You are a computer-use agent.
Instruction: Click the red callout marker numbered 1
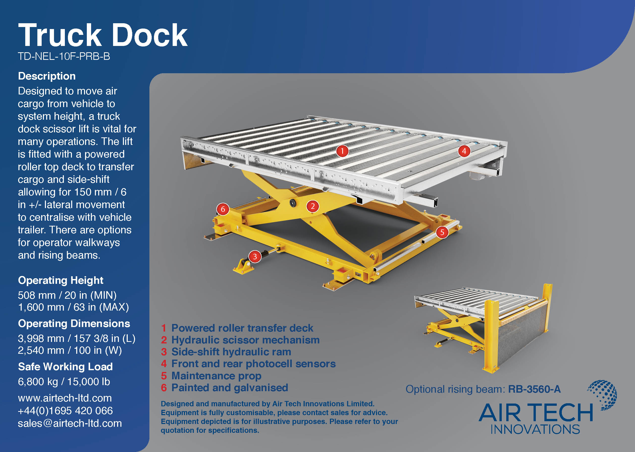[342, 151]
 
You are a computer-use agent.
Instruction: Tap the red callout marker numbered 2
[313, 206]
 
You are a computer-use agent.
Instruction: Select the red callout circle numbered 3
[255, 256]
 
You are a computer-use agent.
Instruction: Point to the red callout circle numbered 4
[464, 151]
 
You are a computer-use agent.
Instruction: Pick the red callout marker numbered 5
[442, 232]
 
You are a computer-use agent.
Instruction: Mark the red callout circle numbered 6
[223, 209]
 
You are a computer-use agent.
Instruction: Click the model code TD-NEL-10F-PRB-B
[64, 57]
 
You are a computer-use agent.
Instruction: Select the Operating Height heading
[61, 280]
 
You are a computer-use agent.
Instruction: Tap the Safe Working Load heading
[65, 367]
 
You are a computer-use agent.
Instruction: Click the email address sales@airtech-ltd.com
[70, 423]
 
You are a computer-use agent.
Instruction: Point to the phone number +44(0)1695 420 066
[65, 411]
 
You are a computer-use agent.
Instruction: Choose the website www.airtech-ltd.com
[65, 398]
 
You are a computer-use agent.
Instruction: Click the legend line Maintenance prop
[216, 376]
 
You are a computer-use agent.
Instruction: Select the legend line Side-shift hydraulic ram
[231, 352]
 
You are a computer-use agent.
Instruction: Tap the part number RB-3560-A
[534, 389]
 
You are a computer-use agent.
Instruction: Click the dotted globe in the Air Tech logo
[603, 395]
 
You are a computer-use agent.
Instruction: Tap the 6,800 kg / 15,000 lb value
[64, 382]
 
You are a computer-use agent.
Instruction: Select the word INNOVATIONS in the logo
[535, 430]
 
